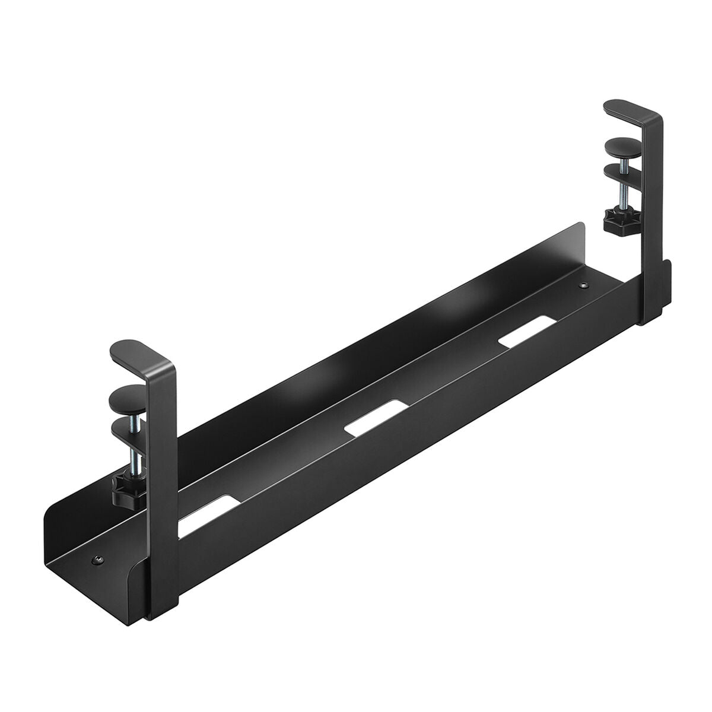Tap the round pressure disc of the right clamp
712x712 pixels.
621,145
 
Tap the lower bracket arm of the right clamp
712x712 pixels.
623,175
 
